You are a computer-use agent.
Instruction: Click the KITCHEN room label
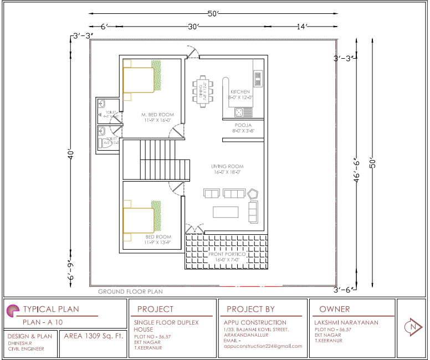click(240, 91)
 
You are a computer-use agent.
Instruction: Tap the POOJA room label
click(243, 125)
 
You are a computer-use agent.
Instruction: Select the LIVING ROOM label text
click(227, 166)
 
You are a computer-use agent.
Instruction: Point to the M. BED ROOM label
click(158, 115)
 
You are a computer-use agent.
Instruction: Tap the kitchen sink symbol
click(239, 112)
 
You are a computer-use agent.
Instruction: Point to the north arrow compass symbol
click(412, 327)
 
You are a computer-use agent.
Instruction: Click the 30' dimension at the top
click(193, 26)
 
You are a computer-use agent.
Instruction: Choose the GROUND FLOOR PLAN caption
click(130, 291)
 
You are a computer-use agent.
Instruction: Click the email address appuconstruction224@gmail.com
click(263, 346)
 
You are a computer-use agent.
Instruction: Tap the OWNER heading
click(334, 309)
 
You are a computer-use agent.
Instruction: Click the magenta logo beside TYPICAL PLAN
click(12, 310)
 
